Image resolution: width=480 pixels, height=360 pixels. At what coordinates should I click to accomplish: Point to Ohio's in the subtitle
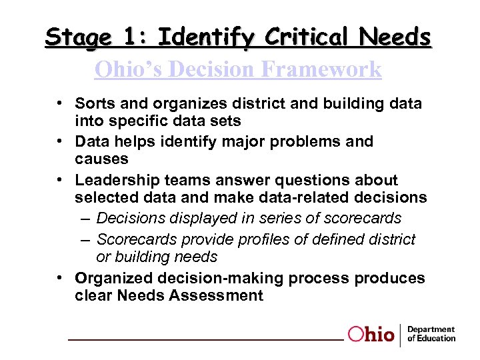pyautogui.click(x=127, y=69)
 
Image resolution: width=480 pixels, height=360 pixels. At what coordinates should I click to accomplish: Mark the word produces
pyautogui.click(x=389, y=277)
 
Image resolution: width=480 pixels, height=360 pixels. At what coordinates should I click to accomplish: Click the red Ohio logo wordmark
pyautogui.click(x=371, y=334)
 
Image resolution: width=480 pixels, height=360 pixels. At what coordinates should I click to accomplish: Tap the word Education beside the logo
pyautogui.click(x=435, y=339)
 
